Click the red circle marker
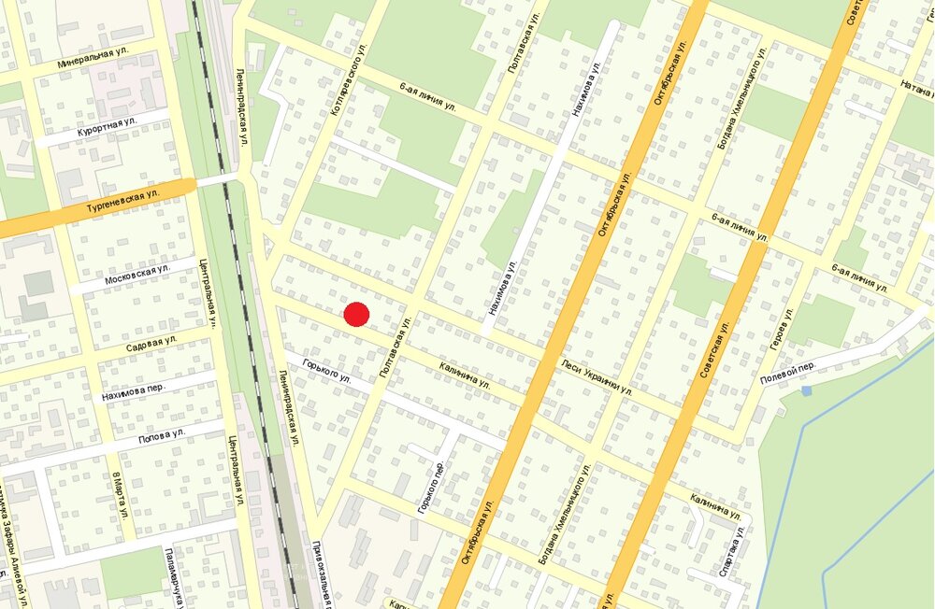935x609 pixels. coord(357,315)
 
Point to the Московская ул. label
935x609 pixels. coord(137,275)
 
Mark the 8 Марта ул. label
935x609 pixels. coord(120,495)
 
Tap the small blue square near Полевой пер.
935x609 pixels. coord(807,389)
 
